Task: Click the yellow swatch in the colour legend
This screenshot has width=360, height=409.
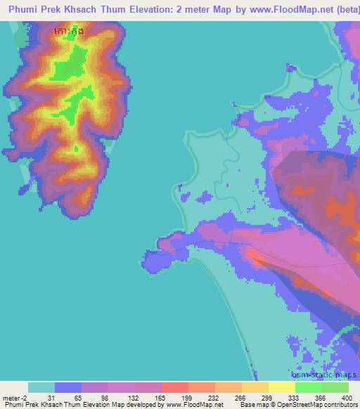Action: click(255, 387)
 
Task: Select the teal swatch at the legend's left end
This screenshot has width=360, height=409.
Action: click(41, 387)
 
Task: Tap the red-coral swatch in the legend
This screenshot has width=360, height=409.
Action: click(174, 387)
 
